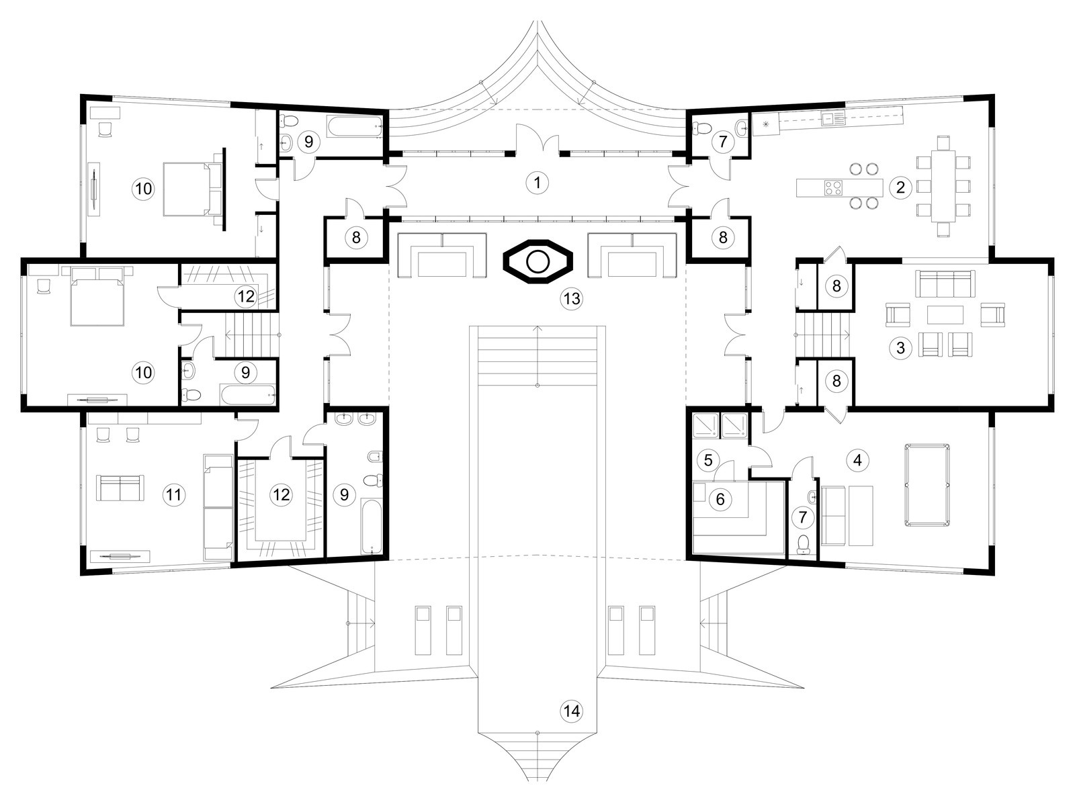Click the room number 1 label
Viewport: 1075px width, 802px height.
(537, 183)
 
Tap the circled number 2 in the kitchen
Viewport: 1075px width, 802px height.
(900, 187)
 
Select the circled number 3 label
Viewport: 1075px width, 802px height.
(900, 348)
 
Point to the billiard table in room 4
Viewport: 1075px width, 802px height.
(927, 485)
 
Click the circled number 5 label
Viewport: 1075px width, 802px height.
(708, 459)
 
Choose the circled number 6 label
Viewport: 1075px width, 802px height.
(720, 499)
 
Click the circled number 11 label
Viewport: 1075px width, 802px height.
(174, 494)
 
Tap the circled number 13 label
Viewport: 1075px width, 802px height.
(572, 298)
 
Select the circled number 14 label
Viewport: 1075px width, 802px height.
(572, 711)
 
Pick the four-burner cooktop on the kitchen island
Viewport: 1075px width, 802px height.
(834, 188)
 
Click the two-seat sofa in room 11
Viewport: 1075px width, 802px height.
(120, 488)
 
